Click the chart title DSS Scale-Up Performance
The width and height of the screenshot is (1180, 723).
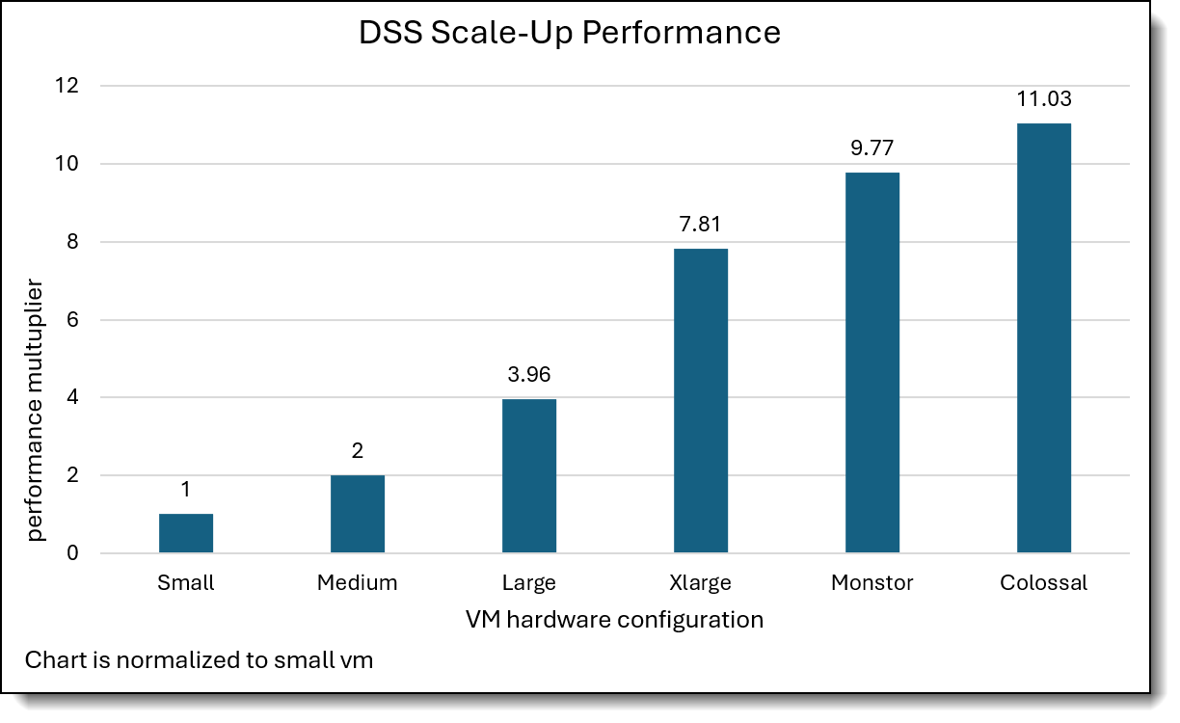tap(569, 32)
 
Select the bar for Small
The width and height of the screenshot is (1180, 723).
tap(186, 533)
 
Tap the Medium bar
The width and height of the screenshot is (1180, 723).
tap(358, 514)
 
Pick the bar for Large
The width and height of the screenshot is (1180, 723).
tap(529, 475)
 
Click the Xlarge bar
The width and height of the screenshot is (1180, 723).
tap(701, 400)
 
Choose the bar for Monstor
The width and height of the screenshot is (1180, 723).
tap(872, 362)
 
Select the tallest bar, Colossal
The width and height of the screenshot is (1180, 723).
tap(1044, 337)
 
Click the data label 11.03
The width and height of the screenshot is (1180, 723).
tap(1044, 99)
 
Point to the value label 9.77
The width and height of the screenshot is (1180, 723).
tap(872, 148)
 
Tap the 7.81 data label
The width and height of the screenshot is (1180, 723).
tap(701, 225)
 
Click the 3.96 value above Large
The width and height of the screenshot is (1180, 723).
tap(529, 375)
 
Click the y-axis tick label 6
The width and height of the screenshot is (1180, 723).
tap(73, 320)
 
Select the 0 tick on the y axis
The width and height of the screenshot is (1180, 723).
tap(73, 553)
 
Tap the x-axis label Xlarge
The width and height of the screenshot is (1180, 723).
tap(701, 583)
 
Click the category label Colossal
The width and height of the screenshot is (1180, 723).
tap(1044, 583)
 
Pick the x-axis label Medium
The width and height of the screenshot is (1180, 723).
tap(358, 583)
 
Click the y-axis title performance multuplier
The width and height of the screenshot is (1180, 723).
tap(36, 410)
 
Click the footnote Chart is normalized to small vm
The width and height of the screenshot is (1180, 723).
tap(199, 660)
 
